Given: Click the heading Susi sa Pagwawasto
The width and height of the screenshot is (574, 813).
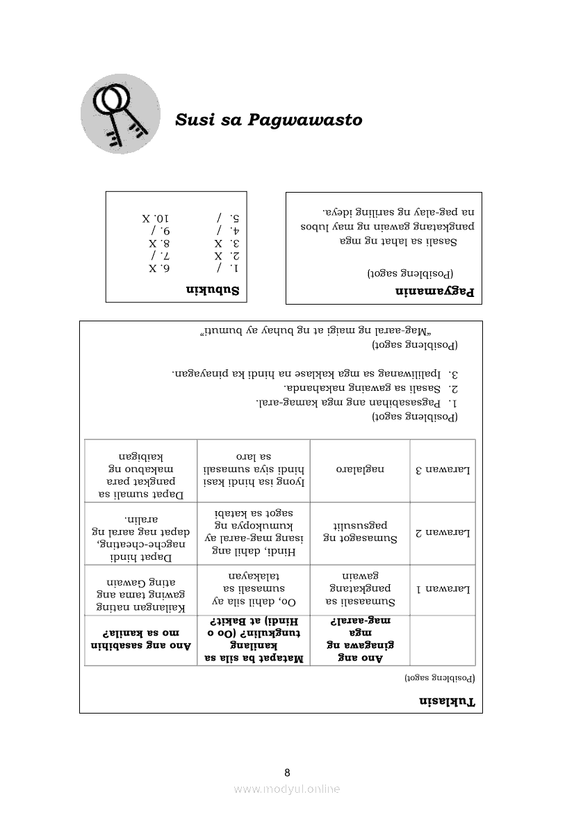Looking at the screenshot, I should tap(268, 120).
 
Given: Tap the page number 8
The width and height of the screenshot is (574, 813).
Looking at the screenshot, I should tap(287, 772).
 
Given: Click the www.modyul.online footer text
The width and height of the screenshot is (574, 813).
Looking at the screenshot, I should tap(287, 789).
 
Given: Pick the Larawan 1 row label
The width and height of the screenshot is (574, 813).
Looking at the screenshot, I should tap(443, 589).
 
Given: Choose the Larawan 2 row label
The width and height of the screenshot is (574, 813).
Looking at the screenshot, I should tap(443, 533).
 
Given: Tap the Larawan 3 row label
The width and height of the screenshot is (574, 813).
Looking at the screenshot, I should tap(443, 469).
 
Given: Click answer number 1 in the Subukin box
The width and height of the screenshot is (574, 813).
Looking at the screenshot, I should tap(227, 268).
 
